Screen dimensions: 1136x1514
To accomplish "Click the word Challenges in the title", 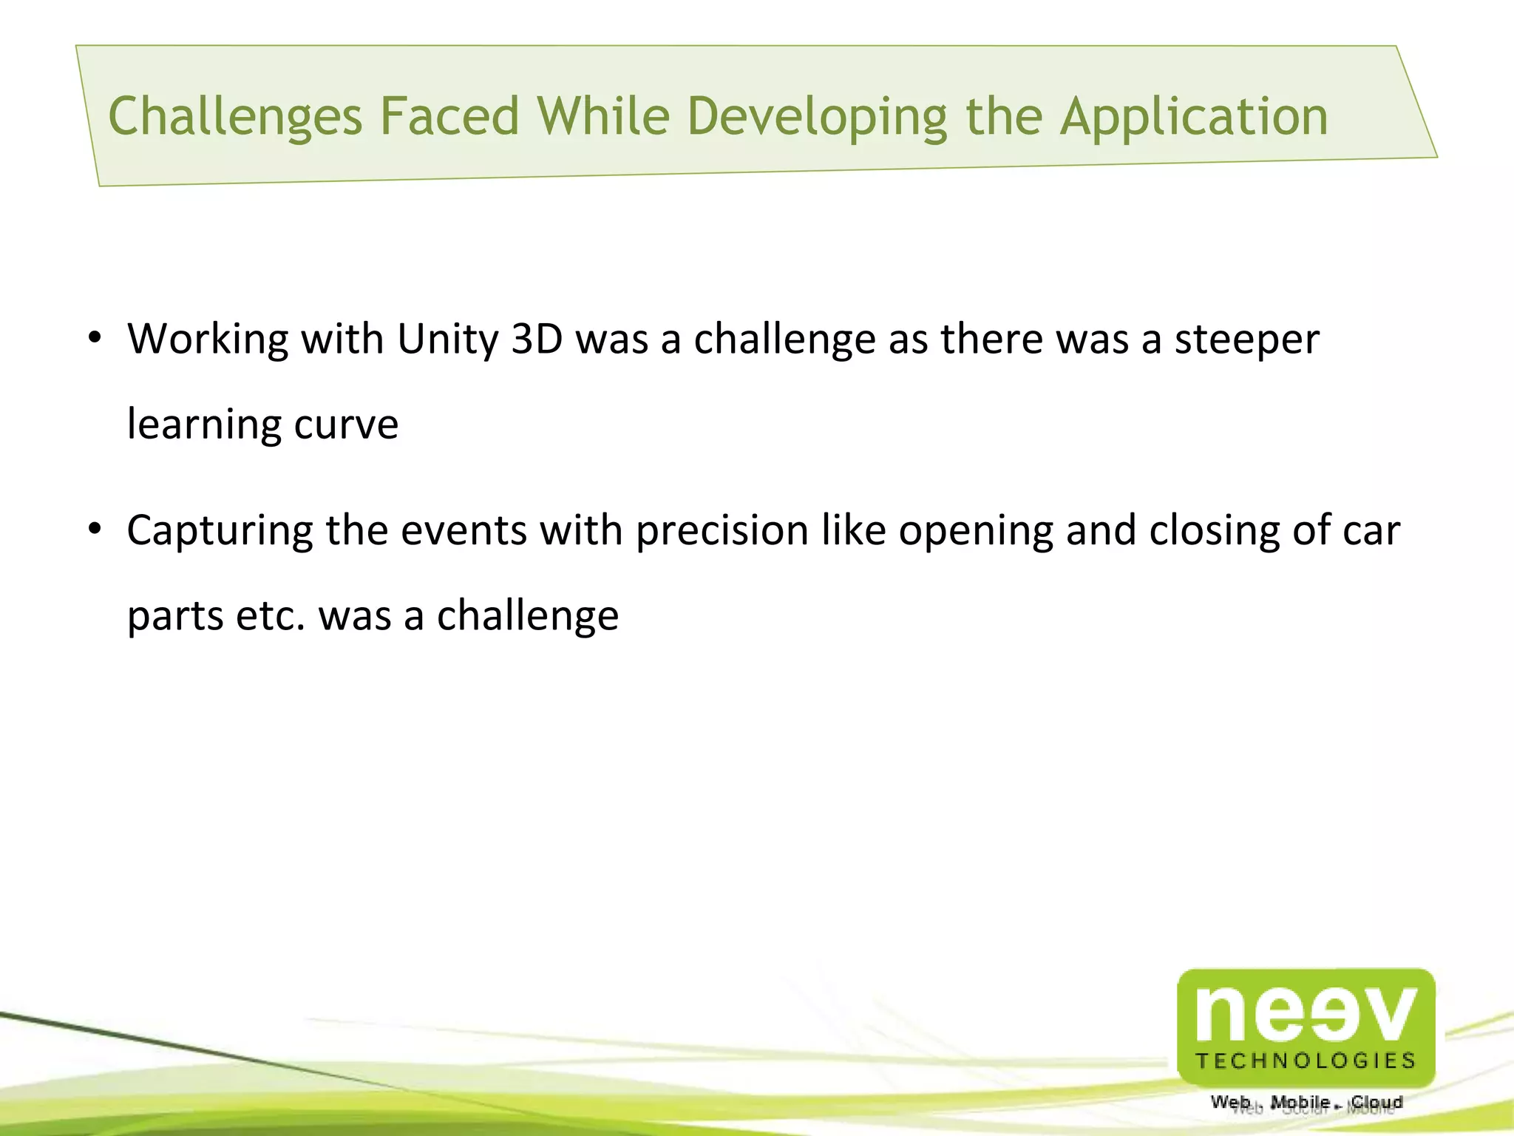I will [235, 117].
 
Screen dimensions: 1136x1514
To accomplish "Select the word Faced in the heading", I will [449, 117].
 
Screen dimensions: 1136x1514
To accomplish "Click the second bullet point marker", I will [94, 530].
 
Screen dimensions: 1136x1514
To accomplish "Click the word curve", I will [346, 425].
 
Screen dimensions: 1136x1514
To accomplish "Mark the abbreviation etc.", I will [270, 615].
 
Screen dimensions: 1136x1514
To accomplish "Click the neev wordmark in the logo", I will [1306, 1012].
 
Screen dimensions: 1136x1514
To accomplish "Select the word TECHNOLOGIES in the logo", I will [1306, 1061].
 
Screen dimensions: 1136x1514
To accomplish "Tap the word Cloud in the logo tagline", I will [1376, 1102].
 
